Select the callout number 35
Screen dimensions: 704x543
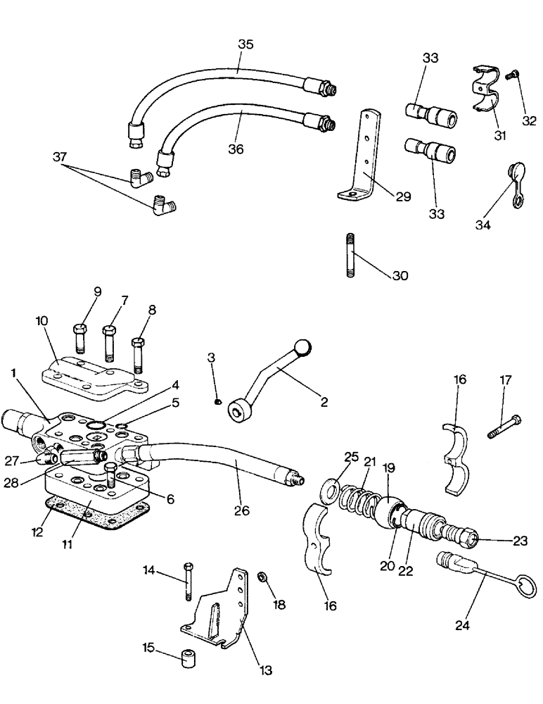[x=245, y=44]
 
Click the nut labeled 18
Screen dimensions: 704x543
[x=261, y=575]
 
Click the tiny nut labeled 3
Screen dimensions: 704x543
[x=219, y=401]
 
